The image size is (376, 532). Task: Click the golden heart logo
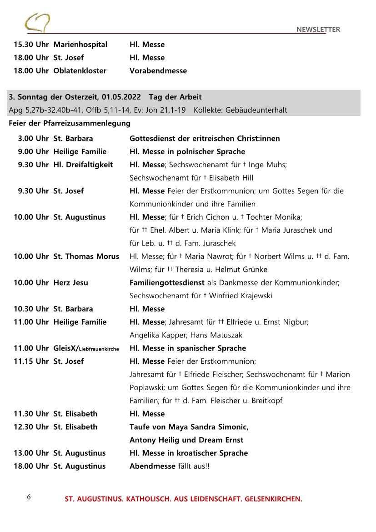point(37,23)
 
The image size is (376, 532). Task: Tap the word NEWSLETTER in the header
point(318,30)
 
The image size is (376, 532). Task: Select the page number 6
point(29,497)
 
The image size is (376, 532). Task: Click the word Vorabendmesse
point(158,70)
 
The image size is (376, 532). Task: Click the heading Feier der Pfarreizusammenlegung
point(70,123)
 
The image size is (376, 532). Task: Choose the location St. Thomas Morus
point(86,256)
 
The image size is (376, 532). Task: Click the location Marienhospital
point(80,45)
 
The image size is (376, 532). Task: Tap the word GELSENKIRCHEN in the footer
point(273,499)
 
